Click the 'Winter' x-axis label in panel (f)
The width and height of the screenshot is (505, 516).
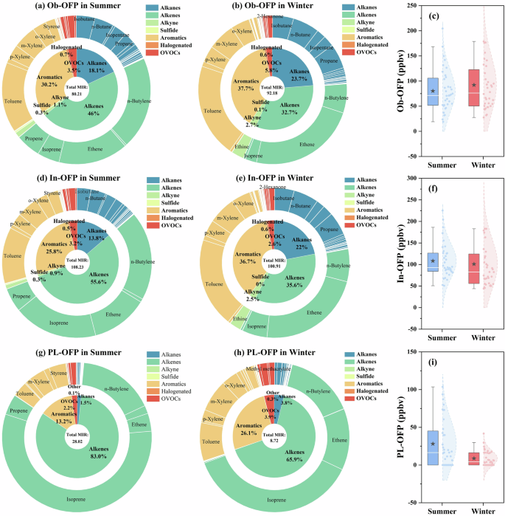point(472,337)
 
